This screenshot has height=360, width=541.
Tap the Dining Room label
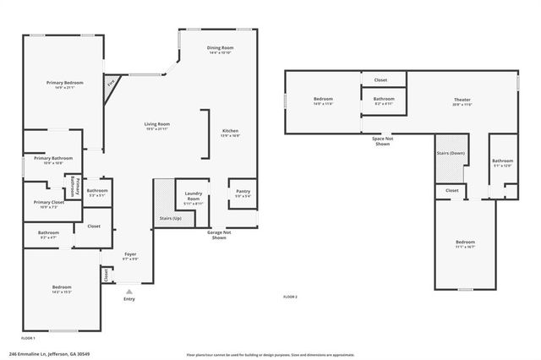coord(220,48)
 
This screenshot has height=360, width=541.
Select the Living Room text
coord(157,124)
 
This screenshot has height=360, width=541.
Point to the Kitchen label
coord(230,131)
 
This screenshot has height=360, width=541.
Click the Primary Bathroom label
coord(53,158)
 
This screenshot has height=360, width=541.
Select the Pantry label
coord(243,192)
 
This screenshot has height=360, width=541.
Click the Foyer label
coord(130,254)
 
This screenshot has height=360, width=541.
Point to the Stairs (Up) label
coord(170,218)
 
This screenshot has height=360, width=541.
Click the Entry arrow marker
coord(128,292)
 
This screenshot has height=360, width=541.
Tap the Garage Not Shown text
coord(220,236)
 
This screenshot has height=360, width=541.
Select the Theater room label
coord(462,100)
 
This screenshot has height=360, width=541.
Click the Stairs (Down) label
coord(451,153)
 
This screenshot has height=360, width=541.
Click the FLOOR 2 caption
coord(290,297)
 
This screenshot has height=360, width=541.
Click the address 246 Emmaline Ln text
coord(49,354)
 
